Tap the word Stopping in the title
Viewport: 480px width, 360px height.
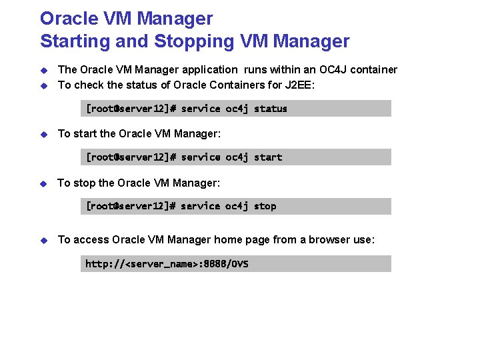(193, 41)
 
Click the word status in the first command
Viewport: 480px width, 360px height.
(270, 109)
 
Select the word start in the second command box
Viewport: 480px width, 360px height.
(268, 157)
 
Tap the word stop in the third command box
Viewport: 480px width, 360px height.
(265, 206)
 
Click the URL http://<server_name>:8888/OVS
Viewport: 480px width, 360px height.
(167, 264)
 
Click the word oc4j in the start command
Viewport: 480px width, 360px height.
(237, 157)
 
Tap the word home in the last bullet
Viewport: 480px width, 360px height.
(227, 239)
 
